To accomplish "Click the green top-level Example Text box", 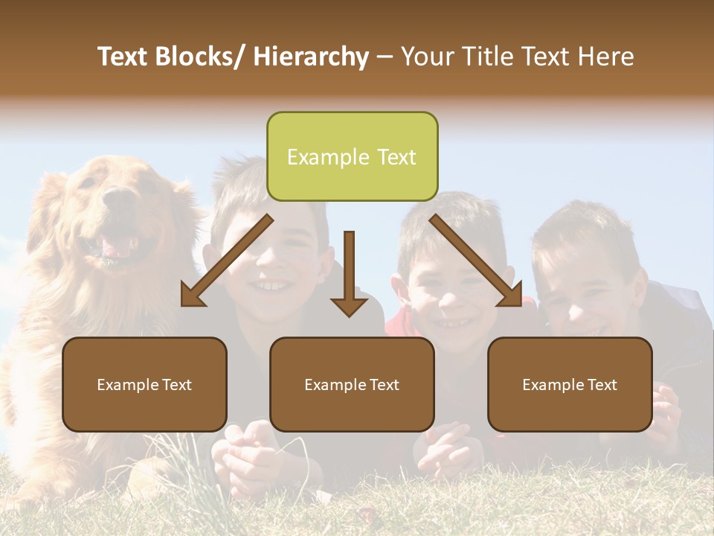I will coord(352,156).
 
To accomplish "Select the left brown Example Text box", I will coord(144,384).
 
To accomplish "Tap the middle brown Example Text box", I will coord(352,384).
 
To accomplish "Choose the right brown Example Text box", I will coord(570,384).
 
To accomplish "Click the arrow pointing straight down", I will coord(349,275).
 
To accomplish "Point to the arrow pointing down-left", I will coord(223,264).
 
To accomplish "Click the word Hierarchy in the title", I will coord(311,57).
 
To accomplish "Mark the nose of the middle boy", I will coord(449,298).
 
